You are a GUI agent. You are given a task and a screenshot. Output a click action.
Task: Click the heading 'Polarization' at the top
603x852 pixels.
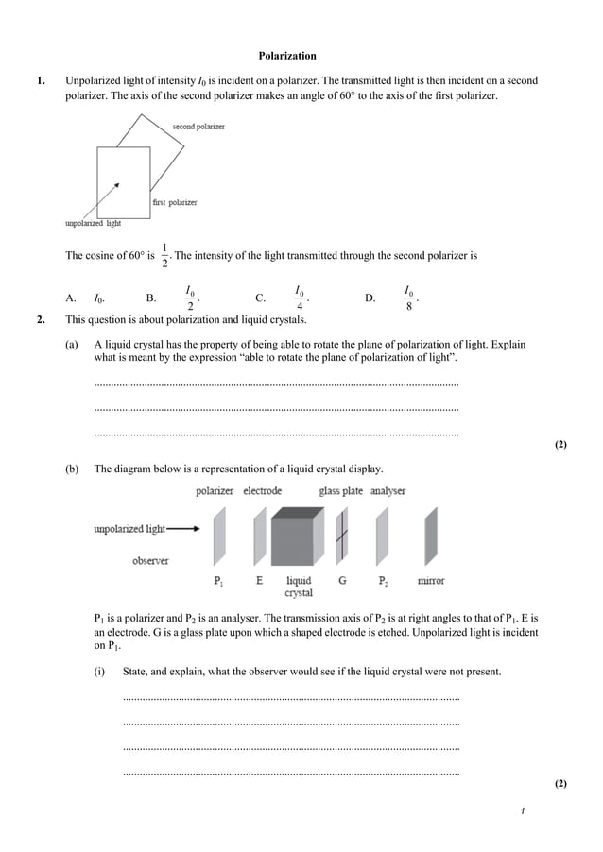coord(287,56)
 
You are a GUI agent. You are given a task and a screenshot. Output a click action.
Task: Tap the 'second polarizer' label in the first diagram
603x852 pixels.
coord(198,126)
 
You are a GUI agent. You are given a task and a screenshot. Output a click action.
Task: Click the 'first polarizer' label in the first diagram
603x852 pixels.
coord(175,203)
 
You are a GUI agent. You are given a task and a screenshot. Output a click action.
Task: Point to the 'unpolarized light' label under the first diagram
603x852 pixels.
coord(93,224)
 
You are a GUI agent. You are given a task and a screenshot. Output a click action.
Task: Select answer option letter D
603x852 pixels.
coord(370,298)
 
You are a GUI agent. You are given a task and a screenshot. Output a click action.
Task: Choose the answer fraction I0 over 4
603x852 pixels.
coord(300,298)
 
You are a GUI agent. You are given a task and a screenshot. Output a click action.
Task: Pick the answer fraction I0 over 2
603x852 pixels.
coord(190,298)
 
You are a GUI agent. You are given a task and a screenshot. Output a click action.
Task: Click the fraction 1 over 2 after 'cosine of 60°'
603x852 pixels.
coord(164,256)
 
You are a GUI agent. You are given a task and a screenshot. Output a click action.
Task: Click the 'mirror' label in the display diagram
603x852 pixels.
coord(431,581)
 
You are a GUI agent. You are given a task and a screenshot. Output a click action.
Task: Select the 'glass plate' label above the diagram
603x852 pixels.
coord(340,491)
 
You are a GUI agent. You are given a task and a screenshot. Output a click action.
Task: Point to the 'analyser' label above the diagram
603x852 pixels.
coord(388,491)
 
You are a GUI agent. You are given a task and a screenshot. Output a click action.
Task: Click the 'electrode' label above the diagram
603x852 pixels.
coord(262,491)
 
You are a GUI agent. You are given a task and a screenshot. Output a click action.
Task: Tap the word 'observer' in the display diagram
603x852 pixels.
coord(150,561)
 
